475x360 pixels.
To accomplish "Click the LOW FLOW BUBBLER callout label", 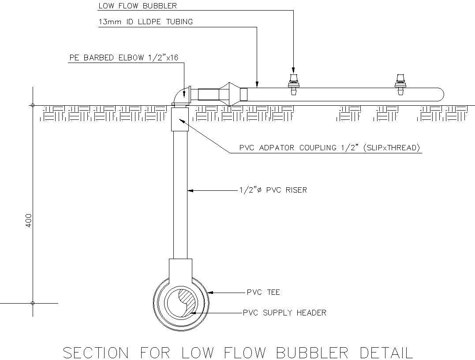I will [137, 6].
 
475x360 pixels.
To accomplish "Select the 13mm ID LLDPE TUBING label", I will [145, 22].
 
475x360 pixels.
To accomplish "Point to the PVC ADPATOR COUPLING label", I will [329, 148].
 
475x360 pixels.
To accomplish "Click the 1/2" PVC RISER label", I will [273, 190].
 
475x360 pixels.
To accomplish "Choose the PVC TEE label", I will [263, 292].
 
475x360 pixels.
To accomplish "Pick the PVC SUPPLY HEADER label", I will [284, 313].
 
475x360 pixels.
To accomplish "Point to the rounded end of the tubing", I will [439, 94].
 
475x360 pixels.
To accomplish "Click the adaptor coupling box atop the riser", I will [180, 119].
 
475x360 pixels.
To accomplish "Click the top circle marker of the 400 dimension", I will [33, 105].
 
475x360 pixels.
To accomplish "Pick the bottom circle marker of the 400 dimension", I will [33, 303].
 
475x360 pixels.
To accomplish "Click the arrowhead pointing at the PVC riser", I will [190, 190].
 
